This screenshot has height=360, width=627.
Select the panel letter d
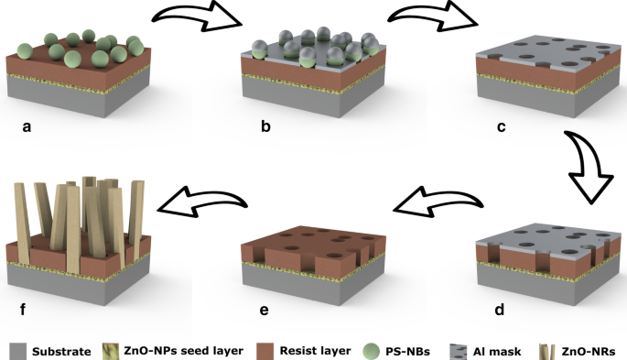click(500, 310)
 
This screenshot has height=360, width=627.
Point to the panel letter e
click(265, 310)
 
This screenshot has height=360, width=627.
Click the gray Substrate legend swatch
click(17, 350)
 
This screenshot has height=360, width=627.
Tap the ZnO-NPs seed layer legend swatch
click(114, 350)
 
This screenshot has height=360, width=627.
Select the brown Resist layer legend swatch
click(259, 350)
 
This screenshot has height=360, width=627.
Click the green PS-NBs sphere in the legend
click(368, 350)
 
